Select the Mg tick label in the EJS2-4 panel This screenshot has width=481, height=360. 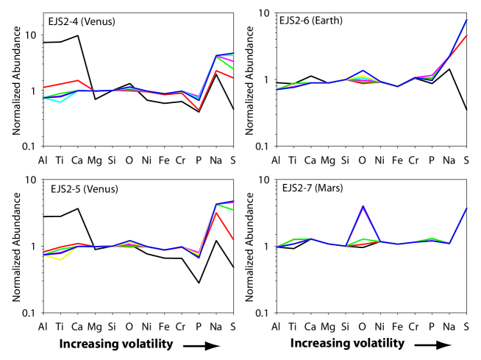coord(94,160)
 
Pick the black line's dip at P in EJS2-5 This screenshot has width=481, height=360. coord(199,283)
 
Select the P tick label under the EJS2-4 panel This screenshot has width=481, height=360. coord(199,160)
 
